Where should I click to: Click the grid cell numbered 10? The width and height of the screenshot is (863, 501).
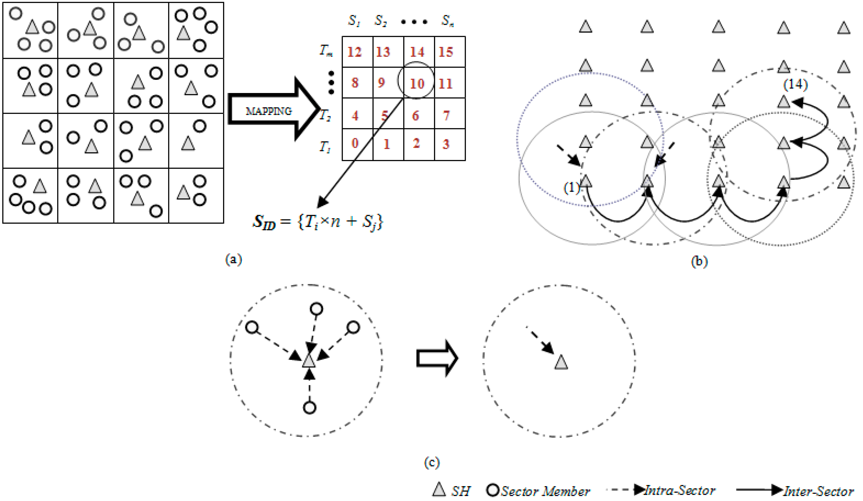[x=417, y=83]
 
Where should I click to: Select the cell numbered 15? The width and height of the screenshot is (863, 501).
[x=446, y=52]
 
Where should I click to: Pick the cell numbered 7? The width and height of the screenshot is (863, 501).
[x=446, y=116]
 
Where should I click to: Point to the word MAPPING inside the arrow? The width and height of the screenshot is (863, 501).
[x=269, y=111]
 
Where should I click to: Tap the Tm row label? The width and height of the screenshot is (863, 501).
[x=326, y=51]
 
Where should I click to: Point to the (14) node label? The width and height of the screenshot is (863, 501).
[x=795, y=84]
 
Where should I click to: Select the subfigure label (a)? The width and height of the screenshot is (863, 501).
[x=233, y=259]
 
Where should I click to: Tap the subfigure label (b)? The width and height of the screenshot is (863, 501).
[x=699, y=261]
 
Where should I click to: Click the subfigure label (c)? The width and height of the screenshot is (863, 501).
[x=431, y=463]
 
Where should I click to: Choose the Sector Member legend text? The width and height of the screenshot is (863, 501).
[x=545, y=491]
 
